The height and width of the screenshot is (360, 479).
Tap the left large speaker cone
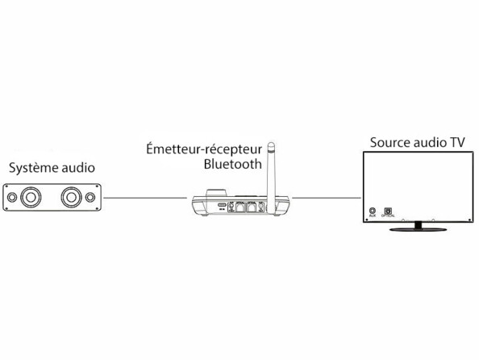tap(33, 196)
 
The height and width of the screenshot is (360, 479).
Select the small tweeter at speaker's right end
tap(93, 196)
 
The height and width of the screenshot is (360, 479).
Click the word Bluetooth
tap(233, 164)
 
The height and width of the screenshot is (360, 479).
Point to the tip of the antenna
tap(272, 145)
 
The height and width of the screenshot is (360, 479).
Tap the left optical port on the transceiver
tap(240, 207)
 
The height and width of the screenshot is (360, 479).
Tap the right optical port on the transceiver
tap(254, 207)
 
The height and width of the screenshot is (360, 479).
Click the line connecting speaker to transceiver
tap(145, 197)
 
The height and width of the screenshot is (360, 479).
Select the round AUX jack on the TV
tap(372, 211)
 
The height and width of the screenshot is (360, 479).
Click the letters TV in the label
tap(457, 142)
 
